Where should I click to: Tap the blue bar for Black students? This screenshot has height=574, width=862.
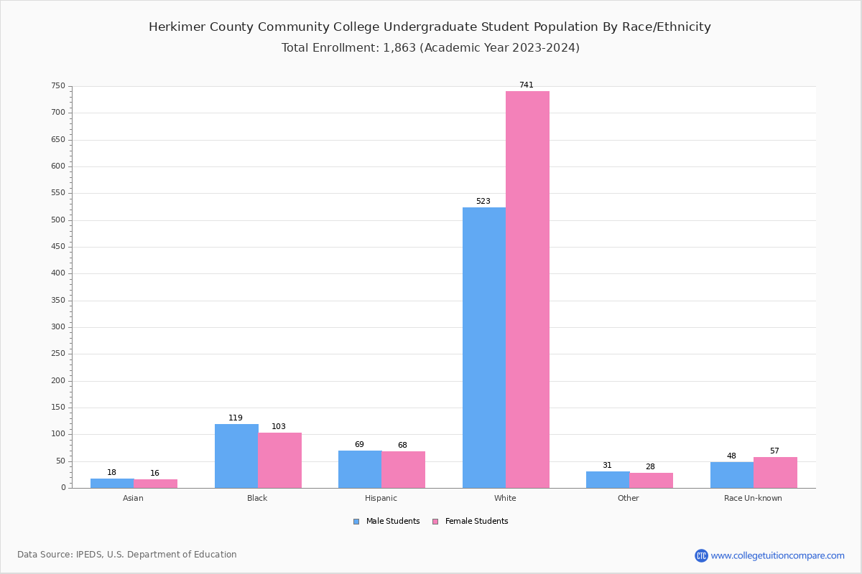[236, 456]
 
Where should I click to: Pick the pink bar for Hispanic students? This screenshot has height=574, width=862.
[403, 469]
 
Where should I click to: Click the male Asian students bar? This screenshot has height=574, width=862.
[112, 483]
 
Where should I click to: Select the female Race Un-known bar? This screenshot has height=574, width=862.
[775, 472]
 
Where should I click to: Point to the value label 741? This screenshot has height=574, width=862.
[526, 85]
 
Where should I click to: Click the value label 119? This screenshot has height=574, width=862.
[236, 418]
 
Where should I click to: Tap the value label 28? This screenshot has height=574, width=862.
[650, 466]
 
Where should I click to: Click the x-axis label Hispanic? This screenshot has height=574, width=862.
[381, 498]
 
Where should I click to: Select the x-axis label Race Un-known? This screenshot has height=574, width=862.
[753, 498]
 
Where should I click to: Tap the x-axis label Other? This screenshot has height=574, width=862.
[628, 498]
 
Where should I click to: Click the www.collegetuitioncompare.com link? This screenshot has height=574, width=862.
[777, 555]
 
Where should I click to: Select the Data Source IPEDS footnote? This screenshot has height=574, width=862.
[127, 555]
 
